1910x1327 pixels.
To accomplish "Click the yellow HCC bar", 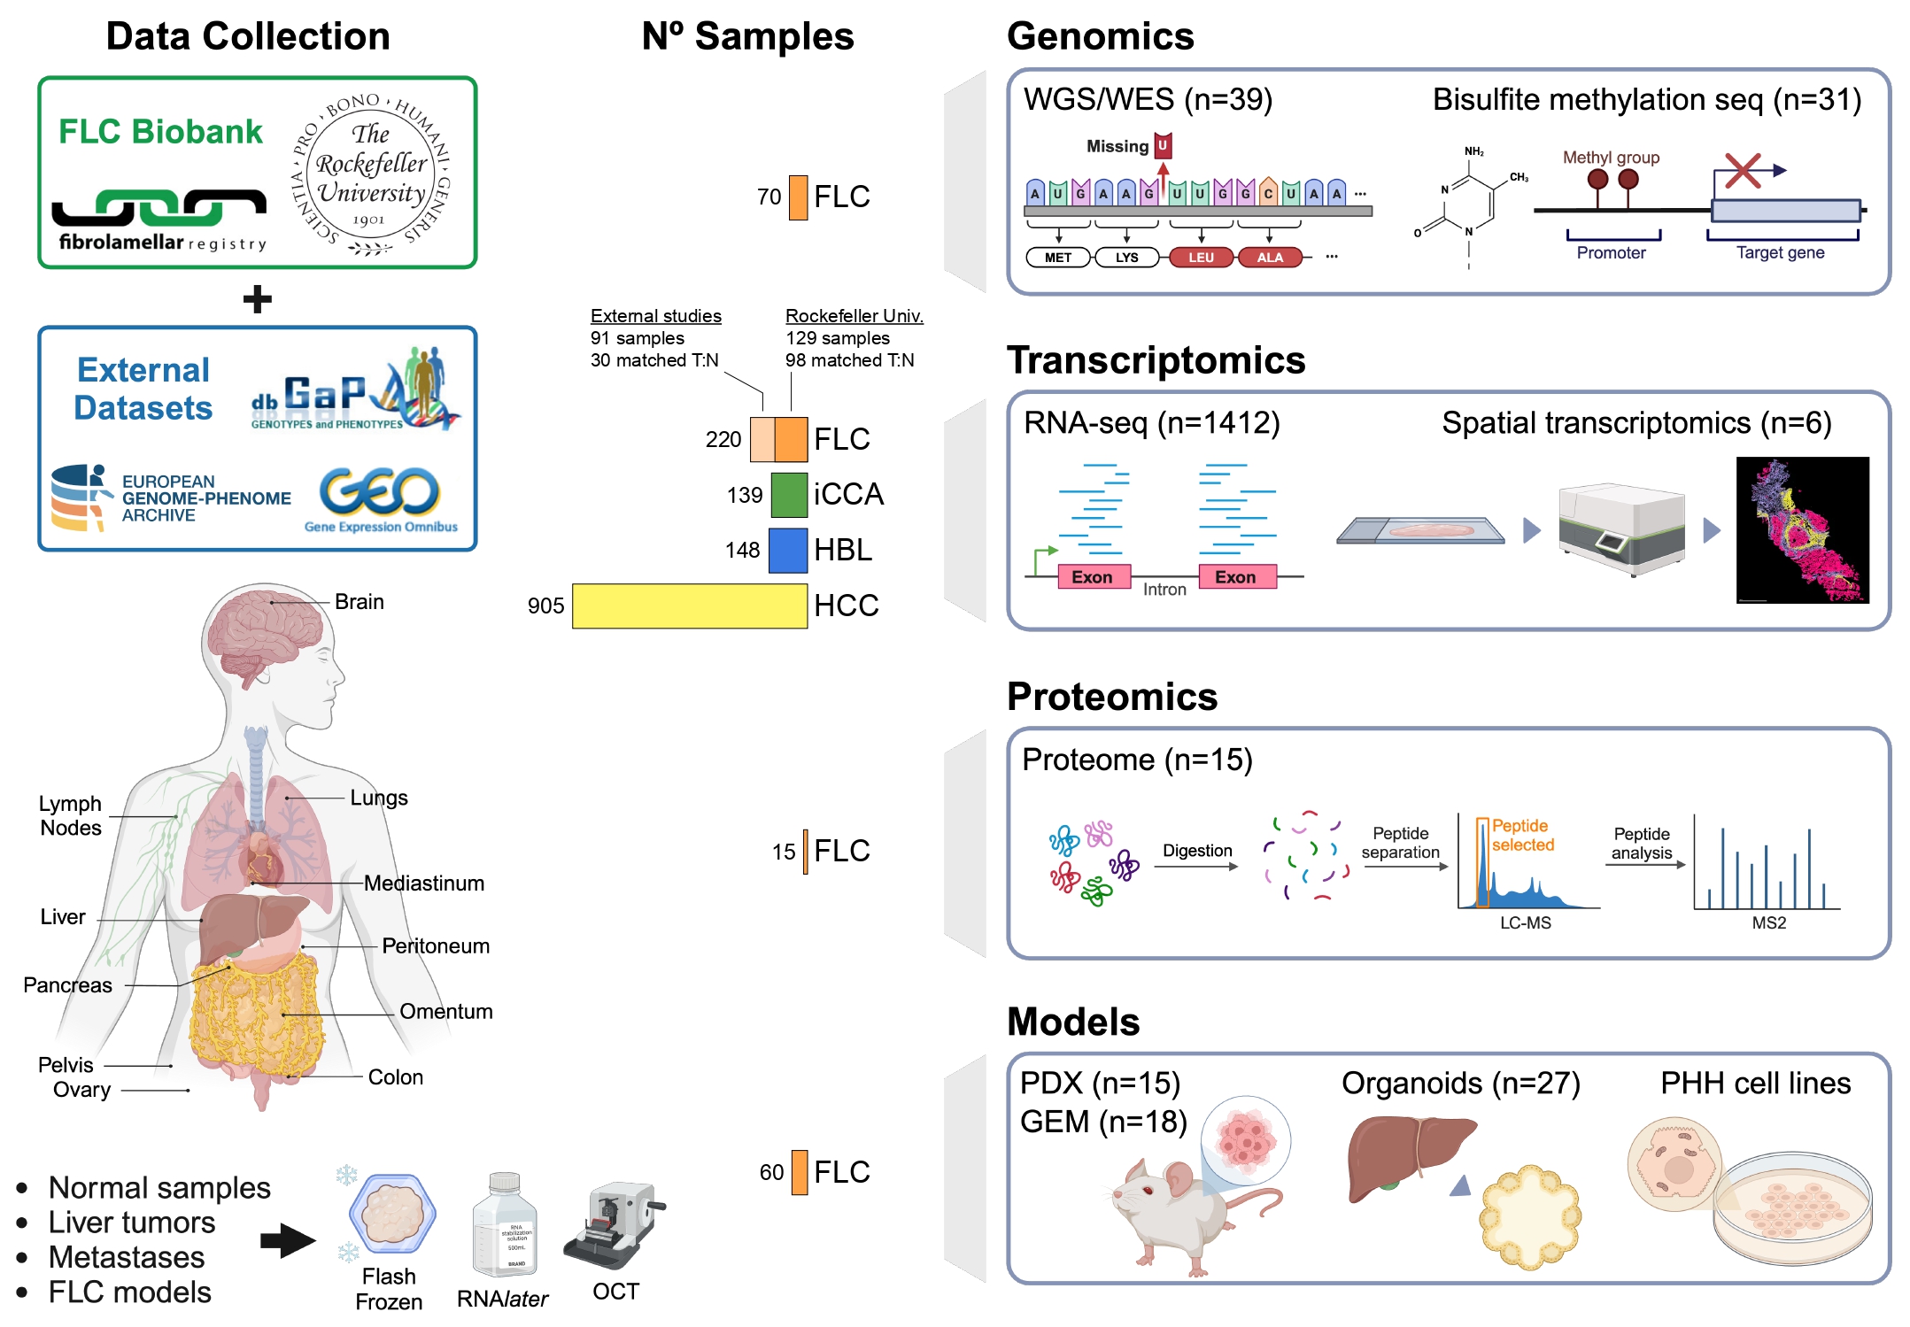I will click(x=689, y=606).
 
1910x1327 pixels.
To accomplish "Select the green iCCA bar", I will click(x=788, y=494).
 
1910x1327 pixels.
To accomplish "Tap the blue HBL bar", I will click(x=787, y=550).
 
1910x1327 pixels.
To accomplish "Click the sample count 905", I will click(x=545, y=606).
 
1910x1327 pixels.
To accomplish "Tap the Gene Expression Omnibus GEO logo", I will click(x=381, y=499).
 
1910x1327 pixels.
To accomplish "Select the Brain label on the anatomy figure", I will click(x=359, y=602).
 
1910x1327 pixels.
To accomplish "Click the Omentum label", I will click(x=445, y=1011).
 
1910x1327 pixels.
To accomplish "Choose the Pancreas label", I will click(x=67, y=984).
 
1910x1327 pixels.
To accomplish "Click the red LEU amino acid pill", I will click(x=1201, y=258).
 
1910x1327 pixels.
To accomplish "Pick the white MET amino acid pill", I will click(x=1058, y=258).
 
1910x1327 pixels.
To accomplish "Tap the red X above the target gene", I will click(x=1742, y=171).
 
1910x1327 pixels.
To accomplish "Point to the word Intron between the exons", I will click(x=1164, y=590).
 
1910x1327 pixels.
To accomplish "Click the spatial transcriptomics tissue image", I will click(x=1802, y=529).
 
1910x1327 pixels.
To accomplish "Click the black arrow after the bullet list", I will click(x=288, y=1239).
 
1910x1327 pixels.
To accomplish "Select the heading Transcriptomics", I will click(x=1156, y=360).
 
